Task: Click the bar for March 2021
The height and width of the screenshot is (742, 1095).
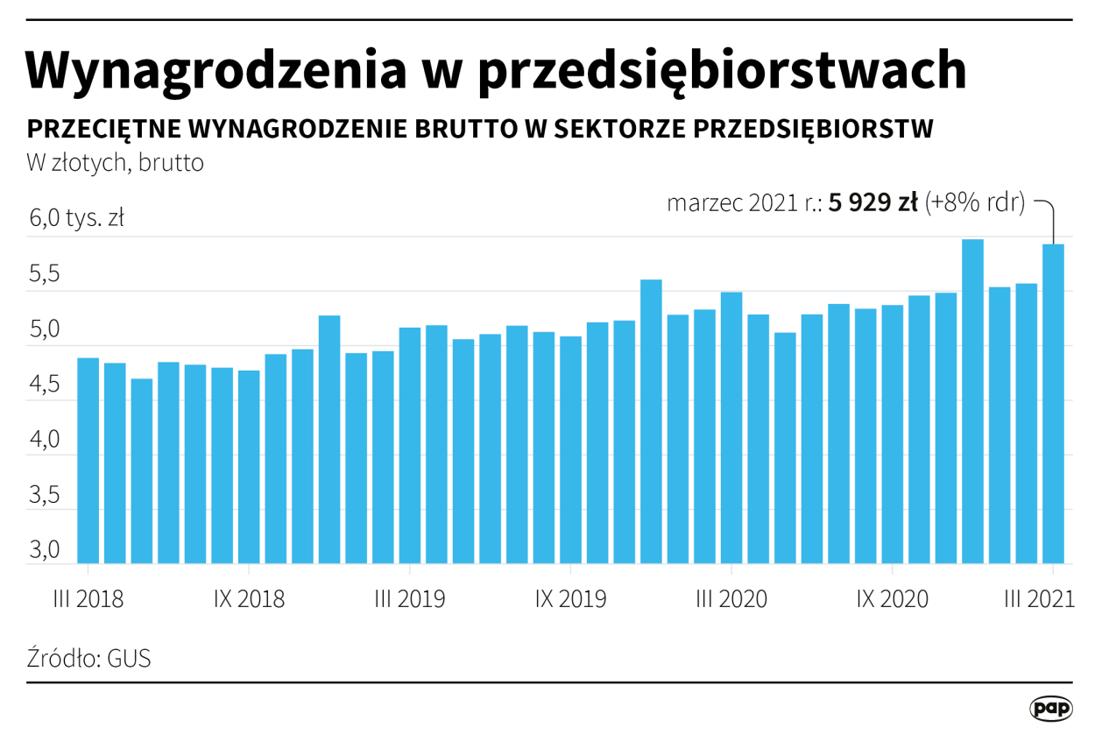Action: pyautogui.click(x=1052, y=403)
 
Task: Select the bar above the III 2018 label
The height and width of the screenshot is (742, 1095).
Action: pyautogui.click(x=88, y=460)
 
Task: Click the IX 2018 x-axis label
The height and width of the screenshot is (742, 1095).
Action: pyautogui.click(x=250, y=599)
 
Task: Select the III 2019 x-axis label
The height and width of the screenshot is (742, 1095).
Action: pyautogui.click(x=410, y=599)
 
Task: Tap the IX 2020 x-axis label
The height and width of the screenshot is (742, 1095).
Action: pyautogui.click(x=892, y=599)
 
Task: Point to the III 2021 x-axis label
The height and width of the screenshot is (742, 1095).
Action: pyautogui.click(x=1039, y=599)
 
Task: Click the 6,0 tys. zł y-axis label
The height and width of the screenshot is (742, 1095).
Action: pyautogui.click(x=76, y=219)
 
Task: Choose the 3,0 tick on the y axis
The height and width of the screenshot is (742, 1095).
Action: pyautogui.click(x=44, y=551)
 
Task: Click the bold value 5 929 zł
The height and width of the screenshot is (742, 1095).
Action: pyautogui.click(x=872, y=203)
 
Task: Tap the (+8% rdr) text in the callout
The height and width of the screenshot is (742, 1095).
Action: pyautogui.click(x=975, y=203)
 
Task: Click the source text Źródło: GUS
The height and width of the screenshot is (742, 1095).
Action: pyautogui.click(x=88, y=658)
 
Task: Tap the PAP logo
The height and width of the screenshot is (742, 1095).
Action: pyautogui.click(x=1050, y=708)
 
